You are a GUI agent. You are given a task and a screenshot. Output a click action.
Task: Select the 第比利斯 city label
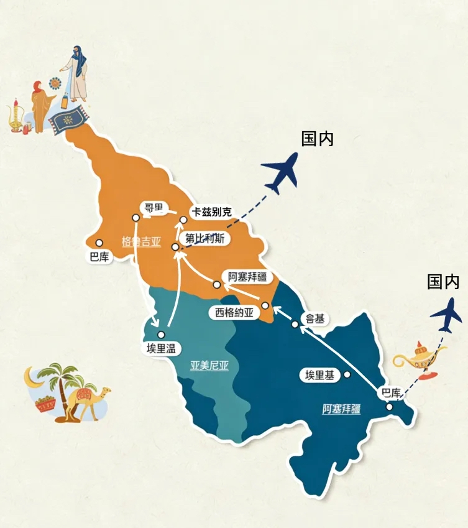(204, 239)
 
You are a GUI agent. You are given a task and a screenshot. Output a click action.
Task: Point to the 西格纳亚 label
(234, 313)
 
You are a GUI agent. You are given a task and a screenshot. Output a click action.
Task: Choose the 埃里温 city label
(160, 349)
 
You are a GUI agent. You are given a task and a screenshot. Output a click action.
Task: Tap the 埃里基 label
(319, 375)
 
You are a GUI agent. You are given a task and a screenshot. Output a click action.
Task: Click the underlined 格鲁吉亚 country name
(141, 242)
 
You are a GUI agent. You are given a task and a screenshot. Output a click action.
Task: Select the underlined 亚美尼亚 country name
(209, 366)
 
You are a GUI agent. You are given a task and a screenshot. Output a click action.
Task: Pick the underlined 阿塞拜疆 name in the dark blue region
(341, 409)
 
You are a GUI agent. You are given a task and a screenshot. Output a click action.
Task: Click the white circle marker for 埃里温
(162, 335)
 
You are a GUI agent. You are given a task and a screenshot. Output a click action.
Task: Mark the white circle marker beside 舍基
(295, 324)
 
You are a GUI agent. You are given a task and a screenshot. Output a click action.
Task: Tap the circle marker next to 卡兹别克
(183, 219)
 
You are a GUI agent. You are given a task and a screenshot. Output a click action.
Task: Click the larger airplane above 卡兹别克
(280, 171)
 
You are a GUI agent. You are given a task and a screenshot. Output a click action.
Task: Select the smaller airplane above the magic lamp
(447, 315)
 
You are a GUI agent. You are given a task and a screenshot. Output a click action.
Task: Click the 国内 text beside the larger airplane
(317, 139)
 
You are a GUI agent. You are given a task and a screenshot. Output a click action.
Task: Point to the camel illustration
(89, 401)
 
